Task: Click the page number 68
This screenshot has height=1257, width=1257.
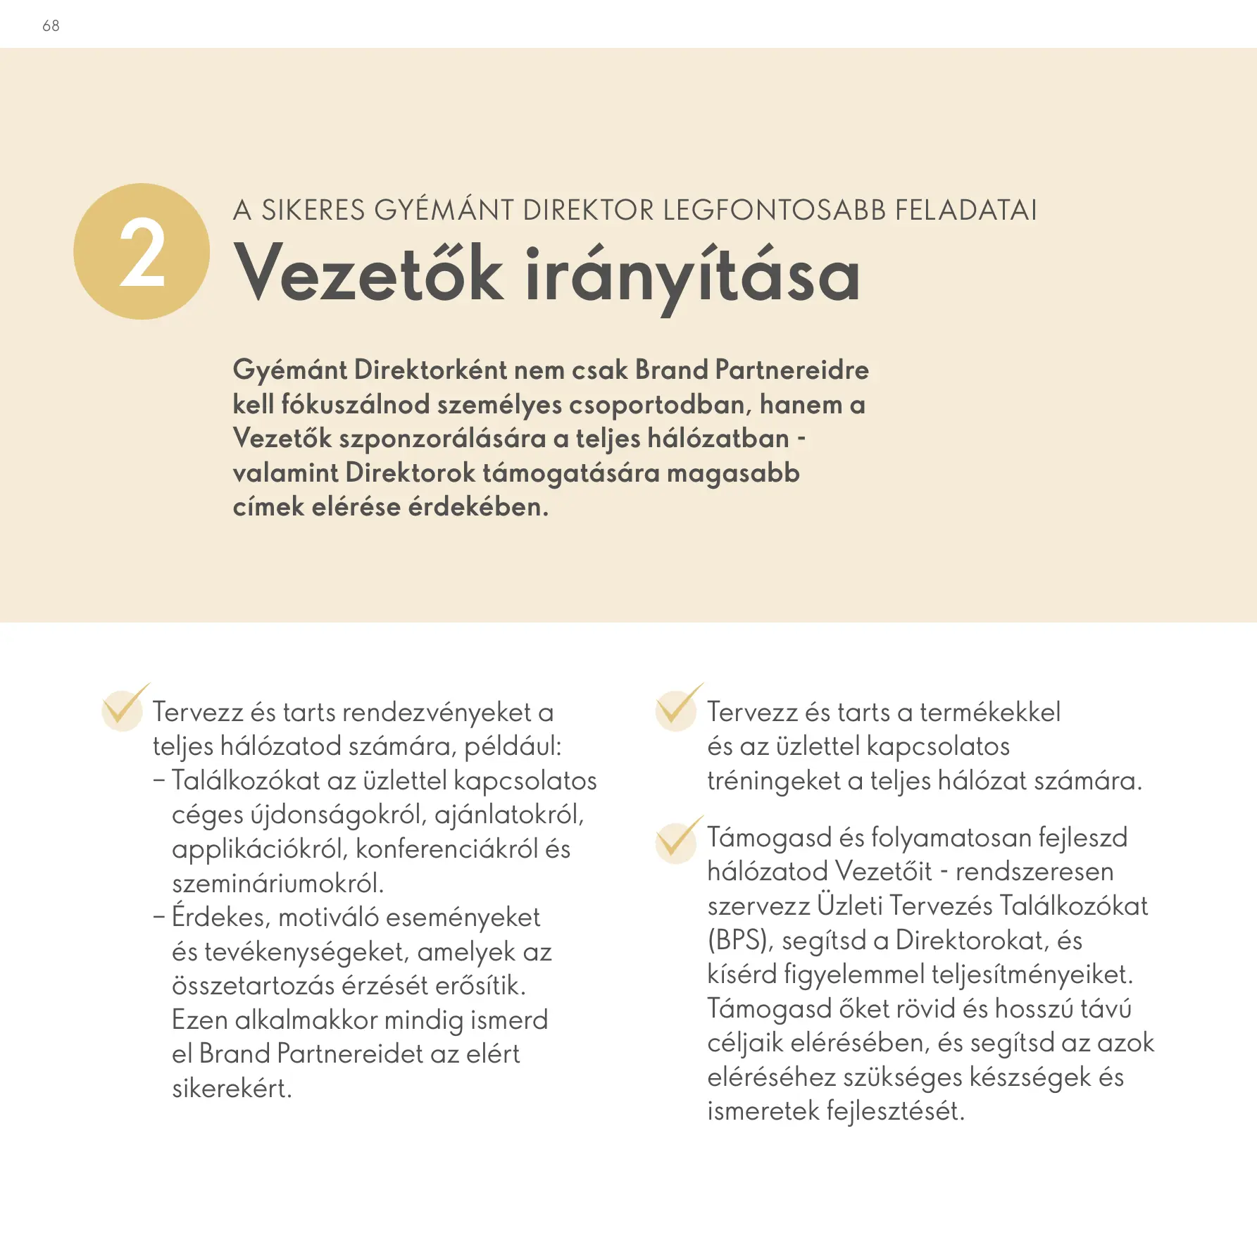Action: pos(51,26)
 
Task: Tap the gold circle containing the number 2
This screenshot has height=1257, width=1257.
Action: pos(142,251)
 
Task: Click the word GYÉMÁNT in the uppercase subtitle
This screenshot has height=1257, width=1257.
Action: pos(444,211)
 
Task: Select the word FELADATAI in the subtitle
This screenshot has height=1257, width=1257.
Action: pos(965,211)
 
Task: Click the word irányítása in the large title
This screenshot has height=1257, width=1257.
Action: pos(693,275)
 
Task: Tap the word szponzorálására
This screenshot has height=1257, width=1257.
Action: pos(442,439)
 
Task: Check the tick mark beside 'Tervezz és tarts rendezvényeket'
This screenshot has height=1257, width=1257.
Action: pos(124,707)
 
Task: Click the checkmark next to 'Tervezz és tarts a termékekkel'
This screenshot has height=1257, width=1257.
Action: pos(677,707)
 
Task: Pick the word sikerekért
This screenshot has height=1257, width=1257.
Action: pos(232,1089)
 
